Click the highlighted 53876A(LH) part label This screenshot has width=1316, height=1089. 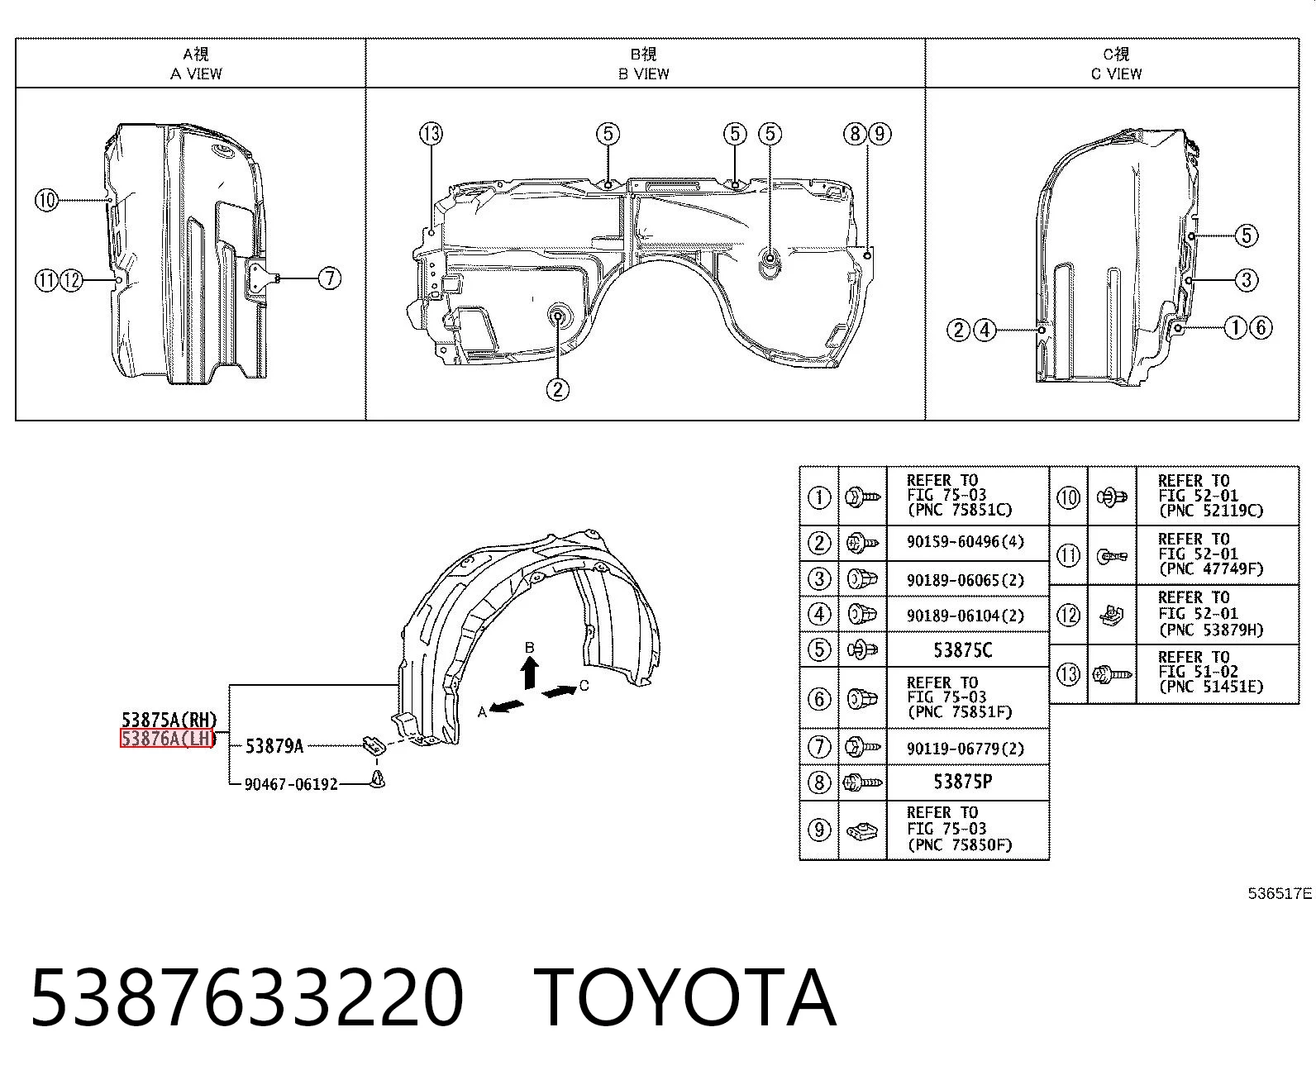(x=168, y=738)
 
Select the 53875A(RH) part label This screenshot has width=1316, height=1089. (x=169, y=719)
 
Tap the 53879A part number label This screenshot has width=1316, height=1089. (x=274, y=746)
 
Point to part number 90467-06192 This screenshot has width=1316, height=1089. (x=291, y=784)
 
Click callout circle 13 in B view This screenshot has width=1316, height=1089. (x=432, y=134)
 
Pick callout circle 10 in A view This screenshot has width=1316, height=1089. (x=46, y=201)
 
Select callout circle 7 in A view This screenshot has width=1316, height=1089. (x=330, y=278)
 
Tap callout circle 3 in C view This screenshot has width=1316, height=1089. (x=1246, y=280)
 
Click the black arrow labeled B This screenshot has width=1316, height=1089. (x=530, y=672)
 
